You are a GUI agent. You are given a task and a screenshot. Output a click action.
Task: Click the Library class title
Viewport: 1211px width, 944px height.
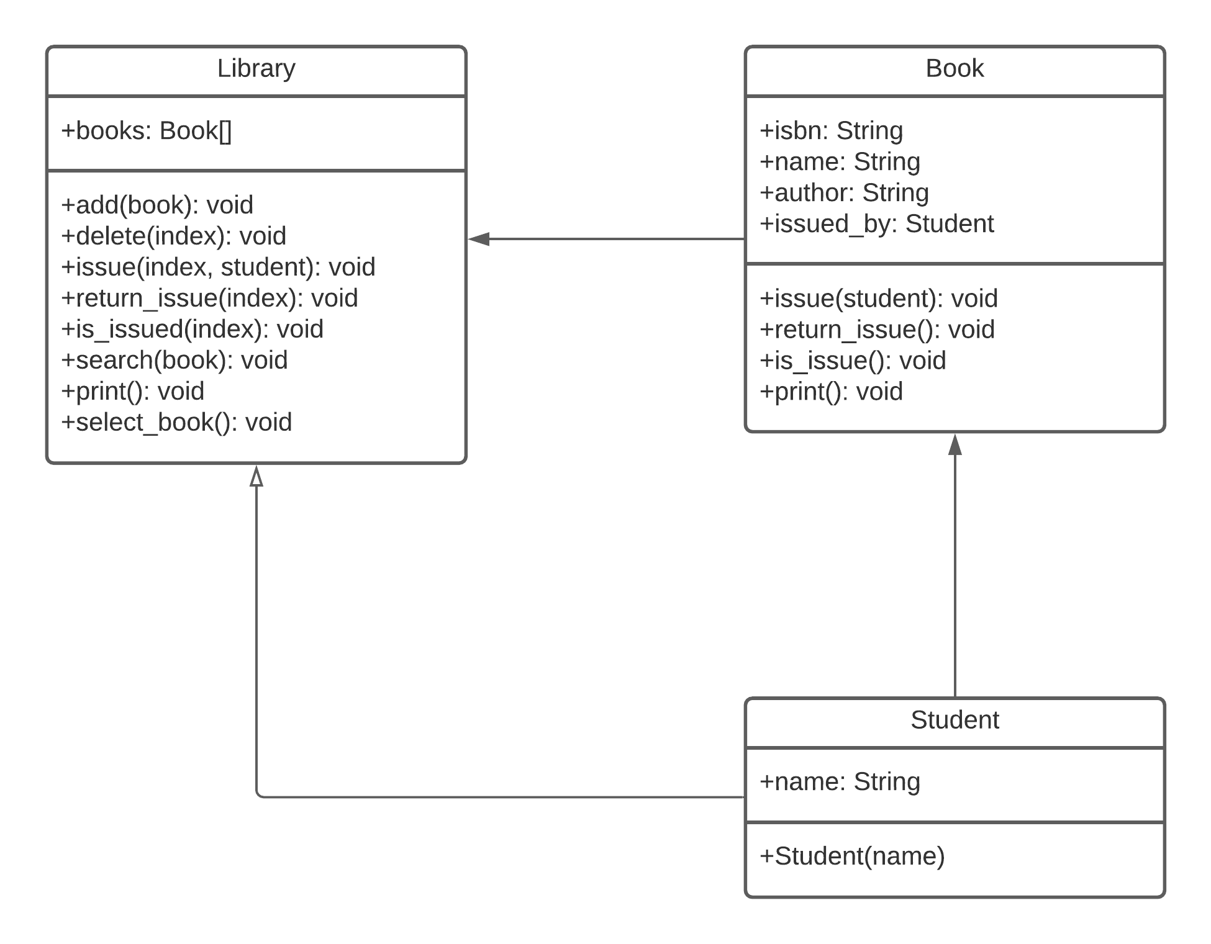coord(256,69)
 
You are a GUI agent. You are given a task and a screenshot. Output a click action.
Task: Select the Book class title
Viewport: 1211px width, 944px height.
coord(955,68)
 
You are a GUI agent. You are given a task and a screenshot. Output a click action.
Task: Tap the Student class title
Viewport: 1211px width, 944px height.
coord(955,720)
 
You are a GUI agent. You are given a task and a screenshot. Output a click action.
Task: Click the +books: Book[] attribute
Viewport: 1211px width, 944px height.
coord(147,131)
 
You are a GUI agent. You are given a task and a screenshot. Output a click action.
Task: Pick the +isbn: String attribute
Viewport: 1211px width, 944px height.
coord(832,131)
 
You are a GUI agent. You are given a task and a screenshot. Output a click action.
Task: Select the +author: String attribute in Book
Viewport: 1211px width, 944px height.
coord(845,193)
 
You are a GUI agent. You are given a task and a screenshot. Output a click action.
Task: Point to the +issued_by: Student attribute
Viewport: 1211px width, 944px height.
coord(877,224)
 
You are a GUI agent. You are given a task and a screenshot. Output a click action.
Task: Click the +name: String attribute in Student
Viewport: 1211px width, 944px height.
coord(840,782)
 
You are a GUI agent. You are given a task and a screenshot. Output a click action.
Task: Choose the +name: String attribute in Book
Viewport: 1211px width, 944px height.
coord(840,162)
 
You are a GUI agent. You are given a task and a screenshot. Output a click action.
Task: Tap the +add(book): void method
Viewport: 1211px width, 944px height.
coord(158,205)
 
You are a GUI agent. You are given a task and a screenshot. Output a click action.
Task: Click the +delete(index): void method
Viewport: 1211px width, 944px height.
coord(174,236)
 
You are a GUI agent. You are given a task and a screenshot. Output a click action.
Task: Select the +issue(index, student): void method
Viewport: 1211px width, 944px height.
coord(219,267)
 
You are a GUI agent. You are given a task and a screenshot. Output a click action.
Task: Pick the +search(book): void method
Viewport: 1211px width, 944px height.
coord(175,361)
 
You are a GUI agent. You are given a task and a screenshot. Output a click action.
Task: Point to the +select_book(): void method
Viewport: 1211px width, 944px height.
coord(177,423)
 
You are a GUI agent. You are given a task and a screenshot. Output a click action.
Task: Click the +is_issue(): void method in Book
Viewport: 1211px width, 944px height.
coord(853,361)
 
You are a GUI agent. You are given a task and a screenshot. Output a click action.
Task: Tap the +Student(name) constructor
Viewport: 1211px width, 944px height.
coord(853,856)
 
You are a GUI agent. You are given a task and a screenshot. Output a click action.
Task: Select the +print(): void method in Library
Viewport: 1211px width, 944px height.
coord(133,392)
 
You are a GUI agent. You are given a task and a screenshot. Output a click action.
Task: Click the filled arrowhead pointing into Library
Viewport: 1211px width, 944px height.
coord(479,239)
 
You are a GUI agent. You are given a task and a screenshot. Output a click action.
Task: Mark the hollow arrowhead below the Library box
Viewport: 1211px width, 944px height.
coord(256,476)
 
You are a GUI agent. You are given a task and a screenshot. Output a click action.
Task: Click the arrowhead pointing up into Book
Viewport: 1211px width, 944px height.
coord(955,444)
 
